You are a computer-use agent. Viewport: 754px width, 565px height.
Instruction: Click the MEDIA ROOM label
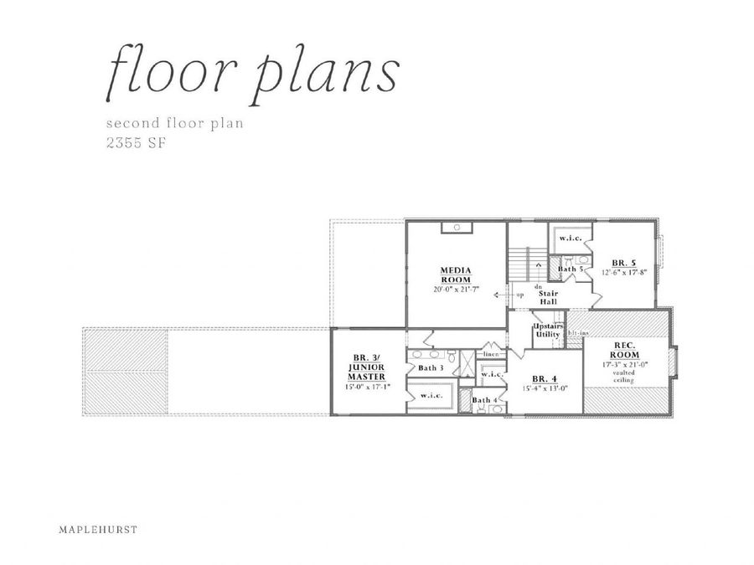click(457, 275)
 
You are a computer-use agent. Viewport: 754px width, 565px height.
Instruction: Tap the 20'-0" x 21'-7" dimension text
click(457, 289)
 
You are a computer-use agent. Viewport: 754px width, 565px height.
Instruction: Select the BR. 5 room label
click(623, 262)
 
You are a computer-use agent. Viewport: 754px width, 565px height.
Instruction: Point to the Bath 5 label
click(571, 270)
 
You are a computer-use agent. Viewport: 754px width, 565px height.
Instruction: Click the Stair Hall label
click(548, 298)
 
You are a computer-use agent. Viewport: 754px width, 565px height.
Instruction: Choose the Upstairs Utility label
click(548, 331)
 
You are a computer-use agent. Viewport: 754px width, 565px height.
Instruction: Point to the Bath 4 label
click(484, 400)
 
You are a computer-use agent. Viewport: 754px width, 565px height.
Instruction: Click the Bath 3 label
click(430, 368)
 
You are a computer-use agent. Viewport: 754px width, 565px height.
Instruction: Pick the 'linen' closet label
click(491, 355)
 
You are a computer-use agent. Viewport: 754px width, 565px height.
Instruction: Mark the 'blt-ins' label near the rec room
click(576, 334)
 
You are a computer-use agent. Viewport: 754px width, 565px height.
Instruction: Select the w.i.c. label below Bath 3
click(431, 395)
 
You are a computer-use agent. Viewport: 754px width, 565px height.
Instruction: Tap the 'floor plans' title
click(250, 74)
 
